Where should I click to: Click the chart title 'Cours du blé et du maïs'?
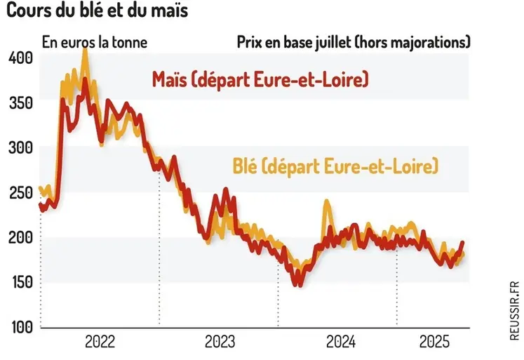pos(98,12)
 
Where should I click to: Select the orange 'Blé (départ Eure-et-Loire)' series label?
pos(340,166)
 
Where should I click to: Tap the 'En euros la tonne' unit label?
pos(95,41)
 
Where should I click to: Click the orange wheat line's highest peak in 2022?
pos(86,50)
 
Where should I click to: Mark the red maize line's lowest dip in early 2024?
pos(300,284)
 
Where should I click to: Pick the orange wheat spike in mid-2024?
pos(327,203)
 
